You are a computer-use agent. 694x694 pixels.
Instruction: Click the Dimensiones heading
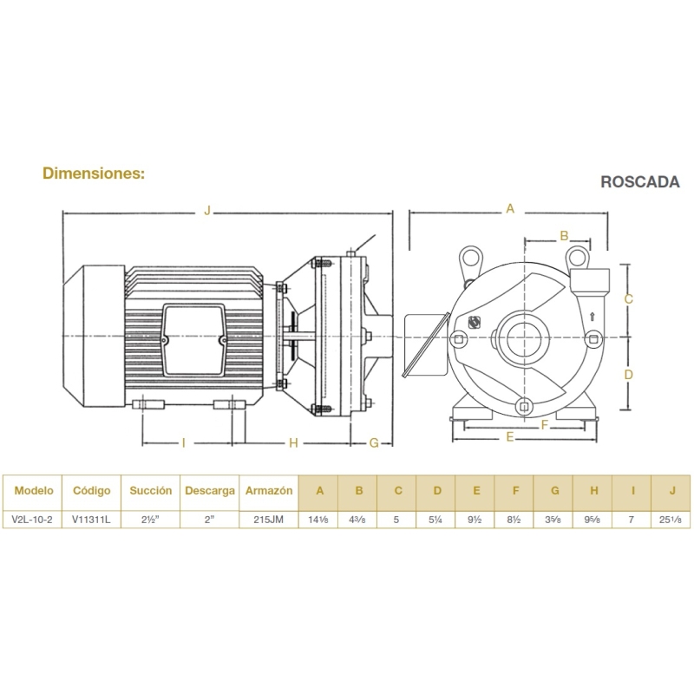(x=94, y=173)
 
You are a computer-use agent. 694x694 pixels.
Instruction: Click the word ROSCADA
(x=639, y=182)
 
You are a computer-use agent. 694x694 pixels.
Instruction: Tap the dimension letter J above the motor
(x=207, y=210)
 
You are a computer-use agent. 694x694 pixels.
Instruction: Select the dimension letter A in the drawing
(x=510, y=208)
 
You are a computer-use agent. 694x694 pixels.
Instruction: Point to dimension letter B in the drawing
(x=564, y=236)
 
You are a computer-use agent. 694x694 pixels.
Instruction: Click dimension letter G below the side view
(x=374, y=442)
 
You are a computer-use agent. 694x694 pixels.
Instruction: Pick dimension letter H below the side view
(x=293, y=442)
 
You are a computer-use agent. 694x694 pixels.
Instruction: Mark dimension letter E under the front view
(x=510, y=437)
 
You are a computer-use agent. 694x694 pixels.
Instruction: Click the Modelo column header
(x=34, y=490)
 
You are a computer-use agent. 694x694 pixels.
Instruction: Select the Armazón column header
(x=269, y=491)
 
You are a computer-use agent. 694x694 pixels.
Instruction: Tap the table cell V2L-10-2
(x=32, y=520)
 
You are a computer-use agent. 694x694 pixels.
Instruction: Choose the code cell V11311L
(x=91, y=520)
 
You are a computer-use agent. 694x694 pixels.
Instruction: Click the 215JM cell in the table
(x=269, y=520)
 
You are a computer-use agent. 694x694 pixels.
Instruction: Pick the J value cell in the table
(x=671, y=520)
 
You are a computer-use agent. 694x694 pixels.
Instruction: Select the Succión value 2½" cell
(x=150, y=520)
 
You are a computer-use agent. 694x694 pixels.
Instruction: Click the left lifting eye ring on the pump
(x=470, y=257)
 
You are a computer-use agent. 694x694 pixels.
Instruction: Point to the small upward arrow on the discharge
(x=593, y=317)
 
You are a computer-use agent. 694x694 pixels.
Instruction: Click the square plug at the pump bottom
(x=525, y=407)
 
